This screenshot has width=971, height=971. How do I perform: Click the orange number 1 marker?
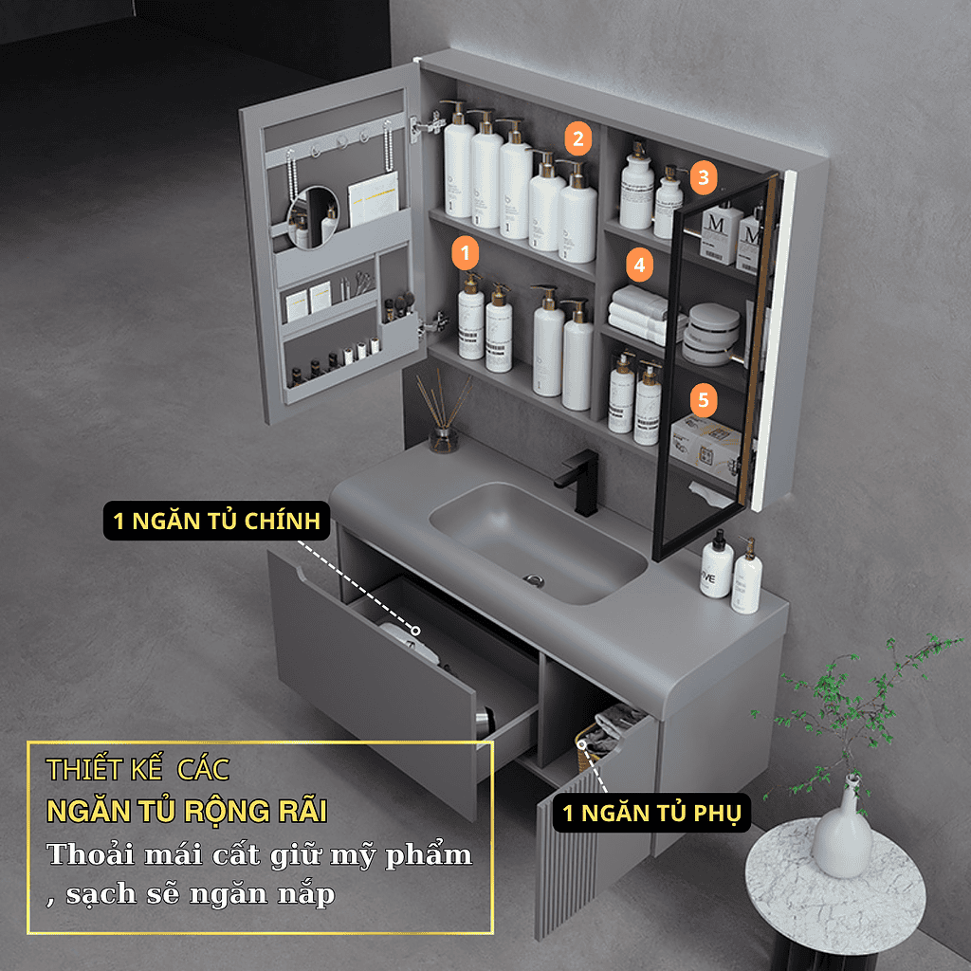(x=465, y=252)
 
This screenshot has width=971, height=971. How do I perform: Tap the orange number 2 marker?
(x=577, y=138)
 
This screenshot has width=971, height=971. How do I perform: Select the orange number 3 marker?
(x=704, y=177)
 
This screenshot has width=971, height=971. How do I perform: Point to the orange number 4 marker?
(x=640, y=266)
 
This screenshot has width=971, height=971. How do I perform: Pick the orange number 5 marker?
(x=704, y=400)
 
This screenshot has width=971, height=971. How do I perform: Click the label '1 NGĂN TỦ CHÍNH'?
(x=217, y=521)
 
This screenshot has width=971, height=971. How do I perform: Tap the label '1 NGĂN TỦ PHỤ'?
(x=651, y=813)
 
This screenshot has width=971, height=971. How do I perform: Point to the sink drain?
(x=533, y=580)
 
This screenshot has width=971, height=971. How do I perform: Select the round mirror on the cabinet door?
(x=313, y=217)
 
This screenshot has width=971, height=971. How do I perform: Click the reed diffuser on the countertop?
(x=443, y=412)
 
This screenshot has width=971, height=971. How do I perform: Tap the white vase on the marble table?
(x=842, y=829)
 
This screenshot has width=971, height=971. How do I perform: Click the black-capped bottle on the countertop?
(x=717, y=565)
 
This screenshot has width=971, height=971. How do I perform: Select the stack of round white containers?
(x=713, y=335)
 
